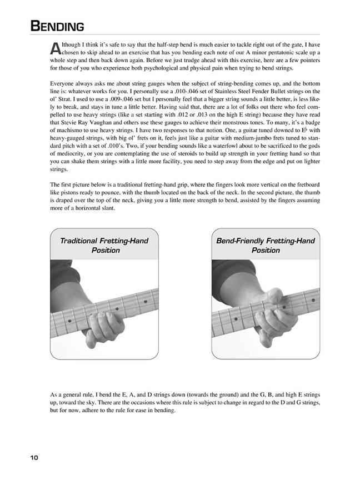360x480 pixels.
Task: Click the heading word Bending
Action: click(x=58, y=26)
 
